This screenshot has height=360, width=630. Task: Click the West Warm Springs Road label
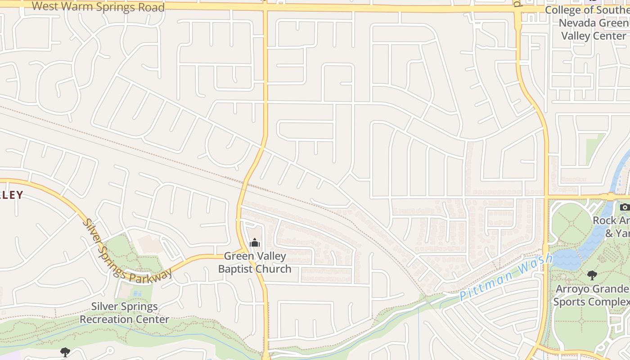pyautogui.click(x=98, y=7)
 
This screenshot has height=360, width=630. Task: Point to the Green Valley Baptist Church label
pyautogui.click(x=255, y=262)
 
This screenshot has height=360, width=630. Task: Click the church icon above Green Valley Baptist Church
pyautogui.click(x=255, y=243)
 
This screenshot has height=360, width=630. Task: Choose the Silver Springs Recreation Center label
pyautogui.click(x=125, y=313)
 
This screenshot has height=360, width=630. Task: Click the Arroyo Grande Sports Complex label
pyautogui.click(x=591, y=295)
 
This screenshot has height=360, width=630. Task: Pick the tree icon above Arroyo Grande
pyautogui.click(x=592, y=274)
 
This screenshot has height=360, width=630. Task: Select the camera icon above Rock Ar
pyautogui.click(x=624, y=207)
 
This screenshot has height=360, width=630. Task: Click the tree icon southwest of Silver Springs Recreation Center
pyautogui.click(x=65, y=352)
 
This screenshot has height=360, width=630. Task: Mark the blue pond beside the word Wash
pyautogui.click(x=566, y=260)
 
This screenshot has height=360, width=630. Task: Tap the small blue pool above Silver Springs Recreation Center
pyautogui.click(x=136, y=293)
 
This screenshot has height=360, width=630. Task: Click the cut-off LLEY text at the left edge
pyautogui.click(x=11, y=195)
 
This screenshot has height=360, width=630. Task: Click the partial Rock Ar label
pyautogui.click(x=611, y=220)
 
